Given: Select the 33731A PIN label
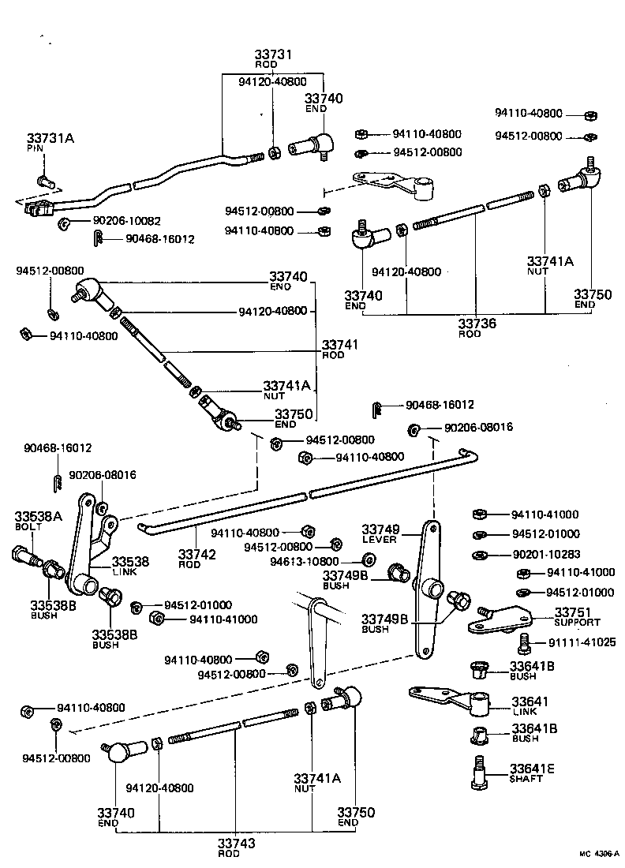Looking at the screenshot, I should pos(50,142).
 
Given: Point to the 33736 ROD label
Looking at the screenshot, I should pos(476,327).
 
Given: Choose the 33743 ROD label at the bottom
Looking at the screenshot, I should pos(237,847).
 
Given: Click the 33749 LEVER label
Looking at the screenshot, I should pos(381,533).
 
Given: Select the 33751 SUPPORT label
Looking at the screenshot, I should pos(576,615).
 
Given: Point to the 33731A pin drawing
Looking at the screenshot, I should pos(47,181).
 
